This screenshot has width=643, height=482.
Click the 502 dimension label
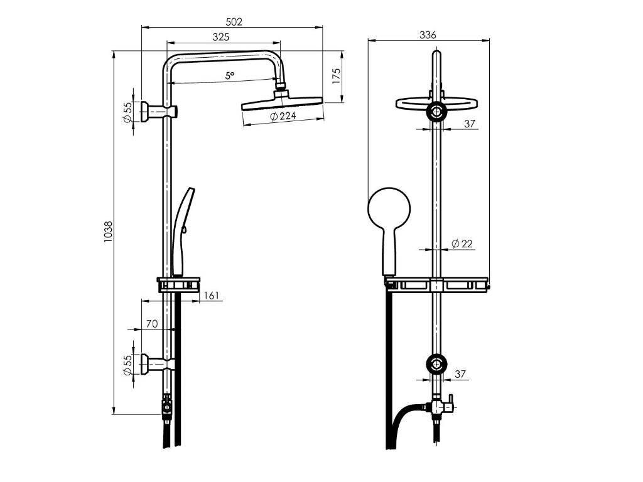coord(234,22)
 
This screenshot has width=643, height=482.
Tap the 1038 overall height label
coord(108,232)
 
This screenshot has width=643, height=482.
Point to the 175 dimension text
coord(337,77)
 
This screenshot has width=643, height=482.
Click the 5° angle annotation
coord(230,76)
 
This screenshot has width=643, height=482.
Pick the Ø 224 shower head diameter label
coord(283,116)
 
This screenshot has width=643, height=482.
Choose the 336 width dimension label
coord(428,35)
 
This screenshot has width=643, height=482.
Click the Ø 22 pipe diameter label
coord(462,244)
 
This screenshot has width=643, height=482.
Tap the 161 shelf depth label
coord(211,295)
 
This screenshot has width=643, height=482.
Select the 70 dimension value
coord(152,324)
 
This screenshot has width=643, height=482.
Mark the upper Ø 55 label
coord(128,112)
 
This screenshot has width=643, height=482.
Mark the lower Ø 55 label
coord(128,365)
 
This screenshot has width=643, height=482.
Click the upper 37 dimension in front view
coord(470,124)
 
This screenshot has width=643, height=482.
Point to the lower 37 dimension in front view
coord(460,374)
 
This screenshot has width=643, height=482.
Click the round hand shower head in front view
coord(389,208)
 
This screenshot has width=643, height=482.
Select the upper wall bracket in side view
coord(159,111)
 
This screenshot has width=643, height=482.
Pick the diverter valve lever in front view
coord(450,402)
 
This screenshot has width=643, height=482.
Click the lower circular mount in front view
coord(436,364)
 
